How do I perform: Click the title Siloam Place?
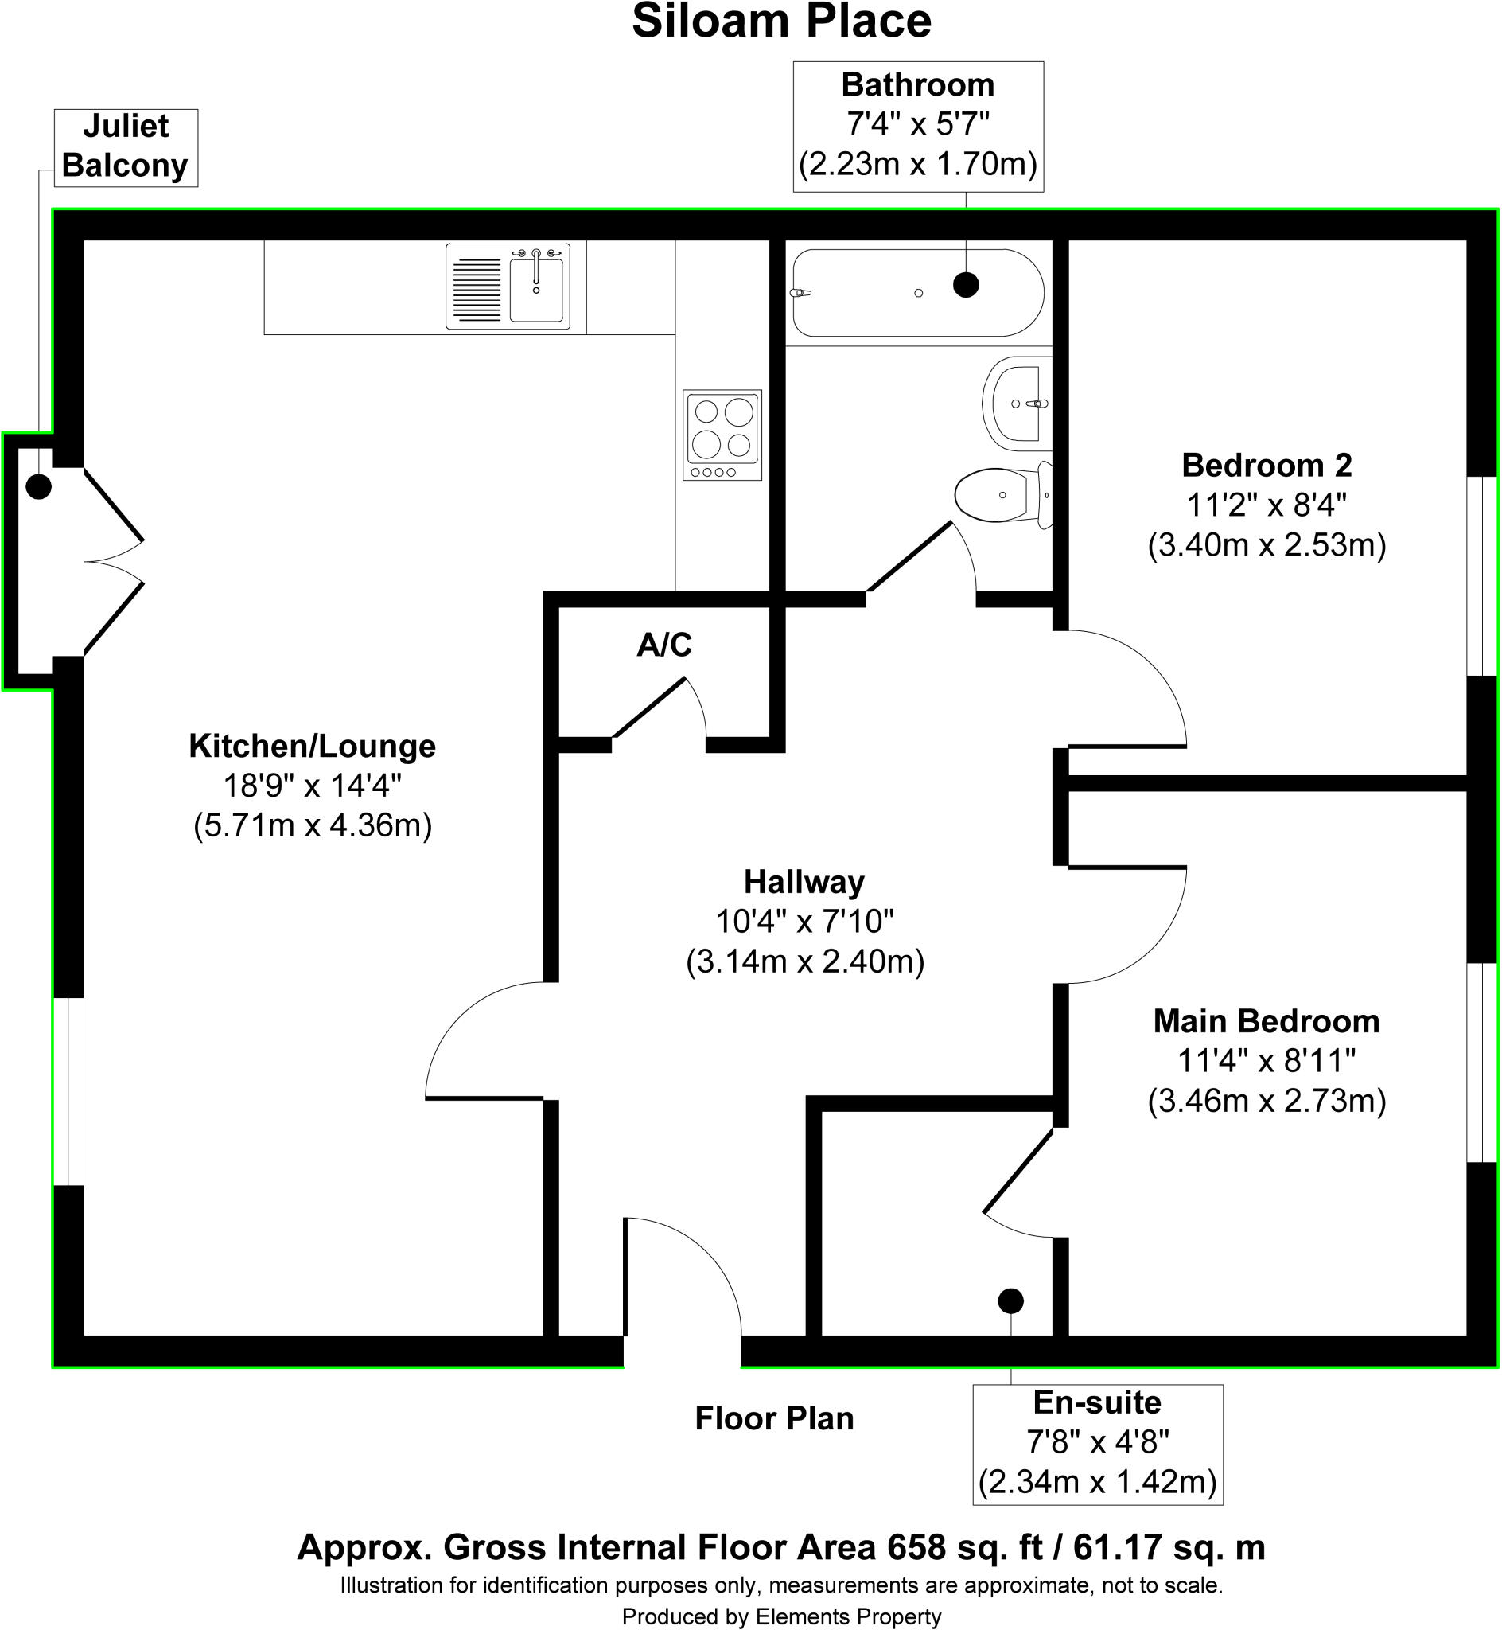click(781, 22)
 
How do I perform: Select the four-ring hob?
click(722, 435)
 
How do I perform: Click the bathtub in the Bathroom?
click(916, 293)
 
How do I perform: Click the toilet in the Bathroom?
click(1000, 494)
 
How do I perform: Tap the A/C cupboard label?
click(664, 645)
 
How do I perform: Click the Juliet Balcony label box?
click(126, 147)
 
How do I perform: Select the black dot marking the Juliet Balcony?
click(39, 486)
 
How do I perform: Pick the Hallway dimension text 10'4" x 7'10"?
click(804, 922)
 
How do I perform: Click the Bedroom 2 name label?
click(1267, 466)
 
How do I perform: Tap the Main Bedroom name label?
click(1267, 1021)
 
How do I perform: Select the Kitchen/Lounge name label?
click(312, 746)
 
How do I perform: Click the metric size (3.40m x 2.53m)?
click(1267, 544)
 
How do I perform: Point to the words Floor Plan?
click(774, 1418)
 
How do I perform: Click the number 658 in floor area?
click(916, 1546)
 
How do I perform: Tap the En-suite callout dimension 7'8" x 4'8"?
click(1097, 1442)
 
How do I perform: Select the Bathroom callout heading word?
click(917, 84)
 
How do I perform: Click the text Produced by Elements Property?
click(781, 1617)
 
